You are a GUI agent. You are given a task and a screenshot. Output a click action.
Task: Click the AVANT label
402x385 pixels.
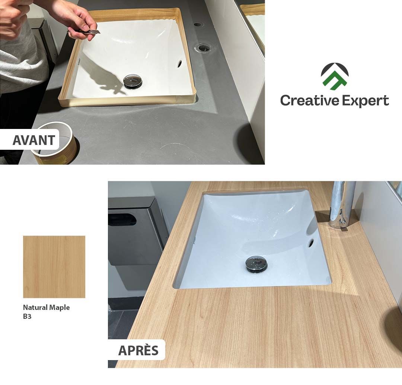[x=33, y=140]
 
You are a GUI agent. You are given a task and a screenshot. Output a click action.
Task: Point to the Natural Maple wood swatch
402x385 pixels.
[x=54, y=267]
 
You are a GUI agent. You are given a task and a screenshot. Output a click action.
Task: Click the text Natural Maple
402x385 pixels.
[x=47, y=307]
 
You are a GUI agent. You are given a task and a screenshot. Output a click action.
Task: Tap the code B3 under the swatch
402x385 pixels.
[x=27, y=316]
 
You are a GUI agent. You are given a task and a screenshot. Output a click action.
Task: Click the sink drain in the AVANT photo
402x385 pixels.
[x=133, y=81]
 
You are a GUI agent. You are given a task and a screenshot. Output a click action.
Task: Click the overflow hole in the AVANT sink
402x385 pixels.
[x=180, y=64]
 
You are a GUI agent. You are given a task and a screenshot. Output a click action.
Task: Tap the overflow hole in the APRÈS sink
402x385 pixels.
[x=311, y=242]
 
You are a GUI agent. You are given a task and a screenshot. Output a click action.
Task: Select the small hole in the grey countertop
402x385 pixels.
[x=198, y=24]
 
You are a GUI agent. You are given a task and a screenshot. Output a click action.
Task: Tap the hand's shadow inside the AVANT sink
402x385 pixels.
[x=103, y=77]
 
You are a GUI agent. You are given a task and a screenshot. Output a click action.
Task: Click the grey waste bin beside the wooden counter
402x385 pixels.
[x=136, y=243]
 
